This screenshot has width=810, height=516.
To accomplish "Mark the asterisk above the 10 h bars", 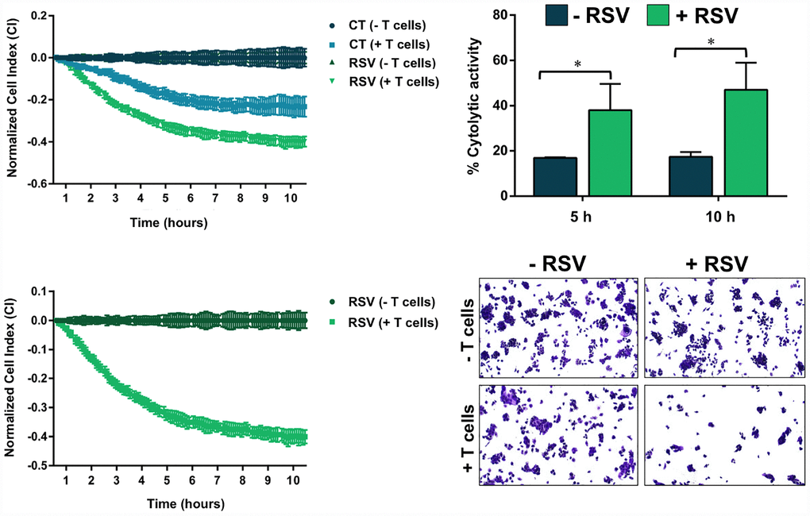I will (712, 40).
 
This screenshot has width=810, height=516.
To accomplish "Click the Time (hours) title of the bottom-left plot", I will (168, 504).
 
